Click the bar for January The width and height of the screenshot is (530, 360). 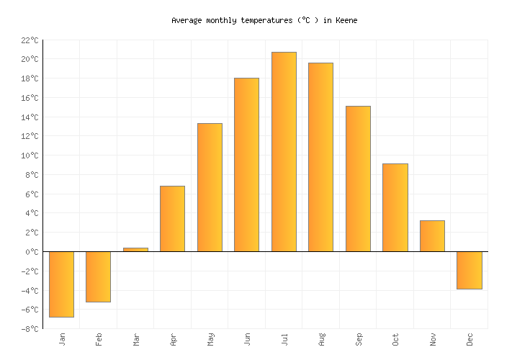(x=61, y=284)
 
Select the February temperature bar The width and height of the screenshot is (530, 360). (x=98, y=276)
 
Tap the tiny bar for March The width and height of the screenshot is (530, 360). (x=135, y=249)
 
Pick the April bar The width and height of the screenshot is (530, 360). (x=172, y=219)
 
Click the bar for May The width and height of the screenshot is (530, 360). (x=210, y=187)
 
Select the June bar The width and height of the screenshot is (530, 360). (x=246, y=165)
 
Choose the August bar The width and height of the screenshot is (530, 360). (x=320, y=157)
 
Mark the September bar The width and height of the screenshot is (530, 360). (x=358, y=179)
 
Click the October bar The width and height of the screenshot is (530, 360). (x=395, y=207)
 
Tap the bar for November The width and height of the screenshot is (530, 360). (x=432, y=236)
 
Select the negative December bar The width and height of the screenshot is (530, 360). (x=469, y=270)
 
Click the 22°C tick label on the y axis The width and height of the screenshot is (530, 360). (x=30, y=40)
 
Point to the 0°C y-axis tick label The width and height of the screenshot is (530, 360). (x=32, y=252)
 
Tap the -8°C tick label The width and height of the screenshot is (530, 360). (x=30, y=329)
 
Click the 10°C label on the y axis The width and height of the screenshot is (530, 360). (x=30, y=156)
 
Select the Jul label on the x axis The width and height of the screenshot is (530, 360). (x=284, y=339)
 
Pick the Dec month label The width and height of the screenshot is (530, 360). (x=470, y=339)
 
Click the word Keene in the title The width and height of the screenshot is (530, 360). (x=346, y=21)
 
